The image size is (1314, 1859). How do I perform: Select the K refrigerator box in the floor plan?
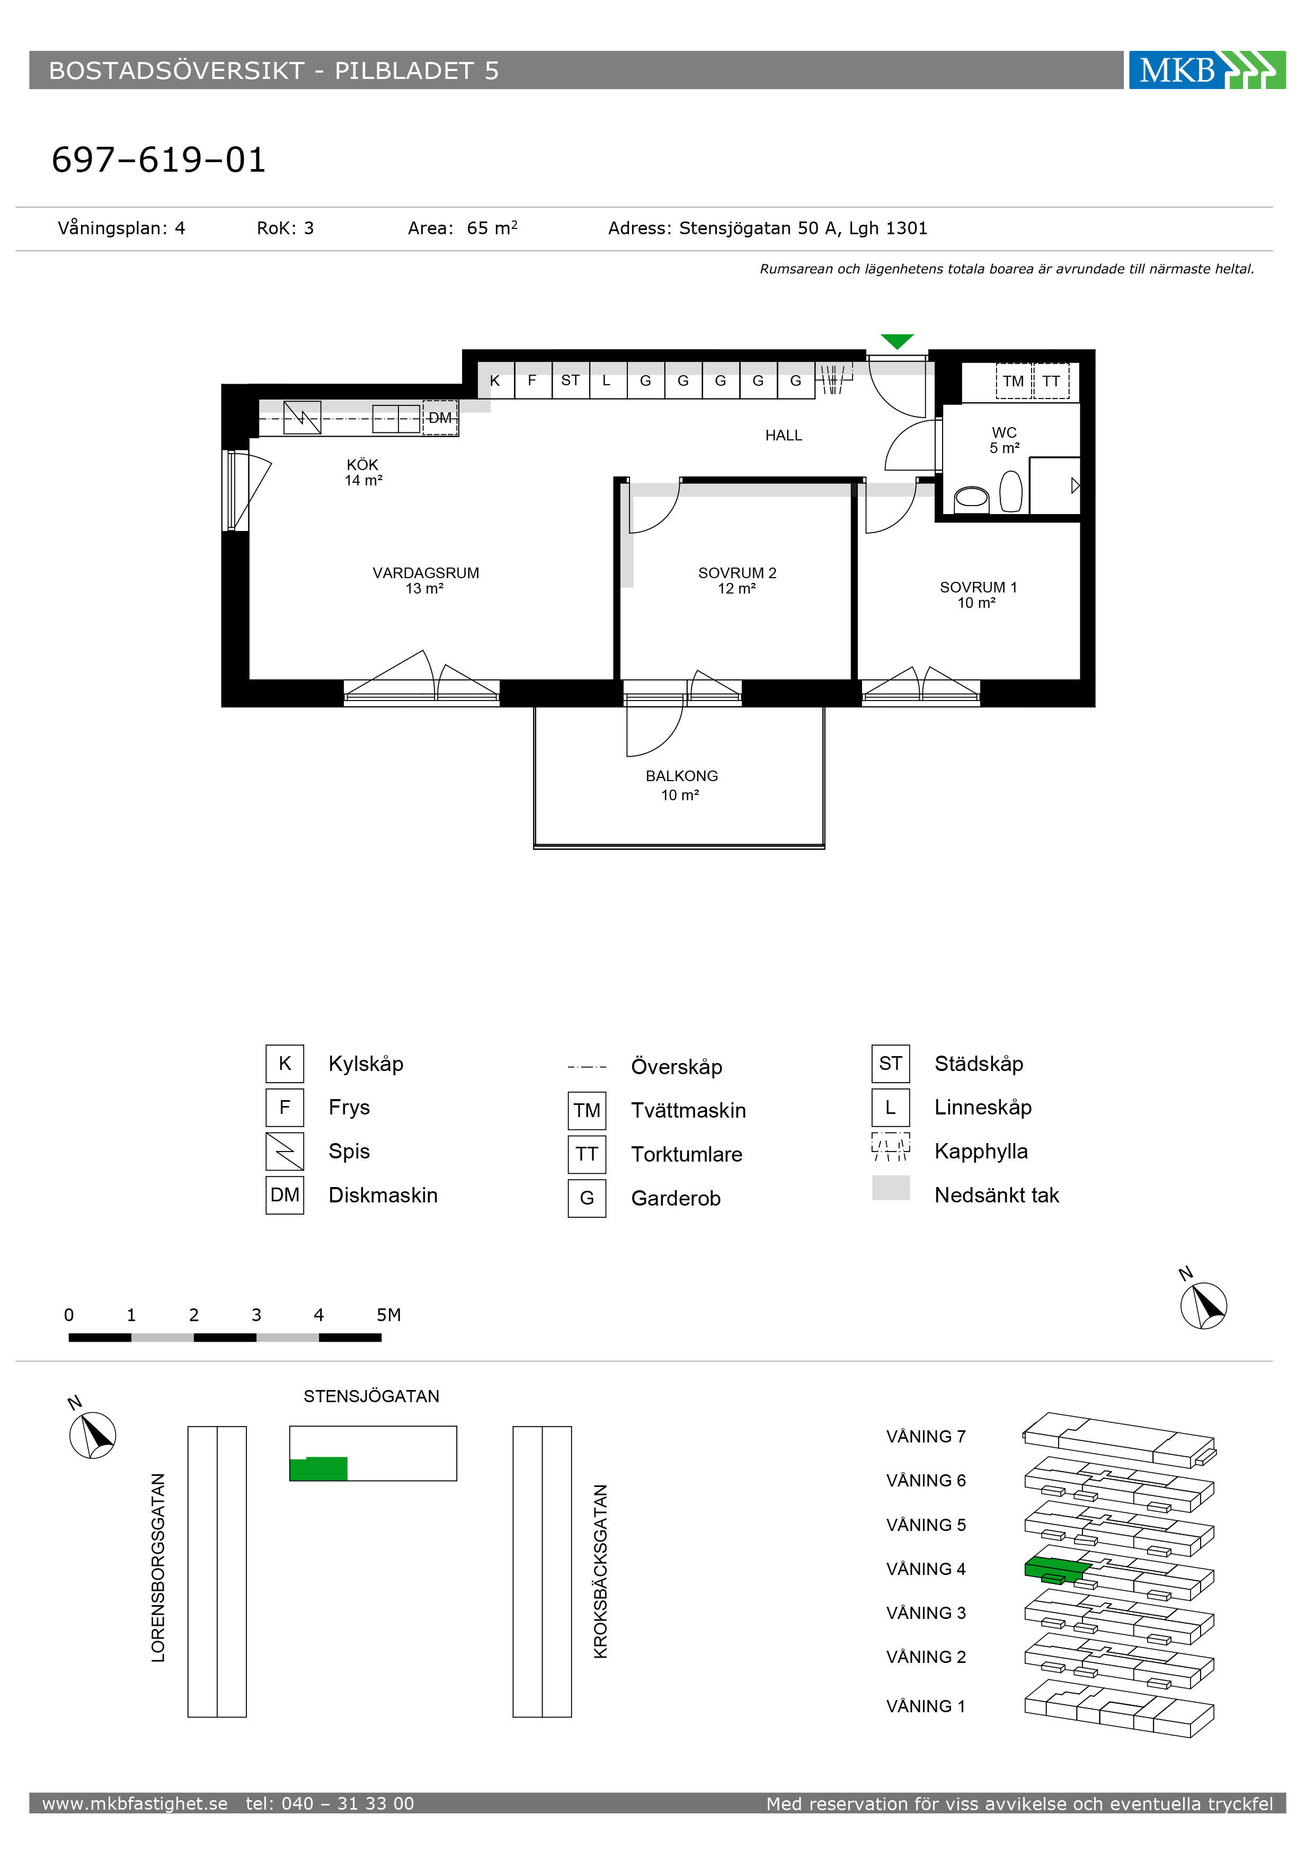pos(495,380)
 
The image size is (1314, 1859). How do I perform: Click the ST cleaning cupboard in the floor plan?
pos(570,380)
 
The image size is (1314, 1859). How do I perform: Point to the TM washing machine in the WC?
pos(1014,382)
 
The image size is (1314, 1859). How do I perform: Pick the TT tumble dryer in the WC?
pos(1051,382)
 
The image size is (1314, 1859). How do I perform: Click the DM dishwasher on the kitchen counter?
pos(440,418)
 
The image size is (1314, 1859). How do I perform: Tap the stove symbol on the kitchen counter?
pos(302,418)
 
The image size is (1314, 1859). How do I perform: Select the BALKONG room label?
pos(682,776)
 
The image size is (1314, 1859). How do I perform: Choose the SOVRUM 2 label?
pos(737,573)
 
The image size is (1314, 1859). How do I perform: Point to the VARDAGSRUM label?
pos(426,573)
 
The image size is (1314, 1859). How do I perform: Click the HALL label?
pos(784,436)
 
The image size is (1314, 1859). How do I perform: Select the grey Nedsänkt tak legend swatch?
pos(891,1188)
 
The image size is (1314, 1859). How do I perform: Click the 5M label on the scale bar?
pos(388,1315)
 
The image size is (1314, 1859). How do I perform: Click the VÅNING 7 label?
pos(926,1436)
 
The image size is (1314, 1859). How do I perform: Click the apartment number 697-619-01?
pos(158,160)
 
